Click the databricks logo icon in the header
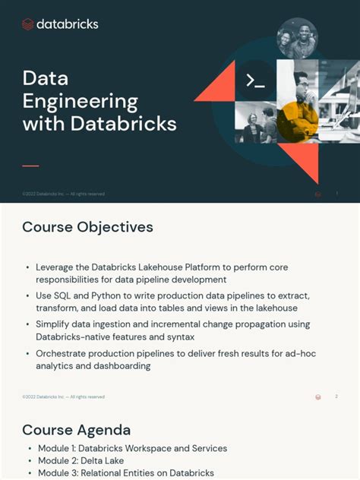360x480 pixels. [x=28, y=24]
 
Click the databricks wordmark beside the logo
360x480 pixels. [x=67, y=24]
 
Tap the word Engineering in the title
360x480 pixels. [x=81, y=101]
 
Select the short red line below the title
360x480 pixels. [x=30, y=165]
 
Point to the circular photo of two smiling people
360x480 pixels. [x=297, y=37]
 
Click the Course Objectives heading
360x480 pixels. [x=87, y=227]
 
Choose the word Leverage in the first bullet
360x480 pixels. [x=62, y=267]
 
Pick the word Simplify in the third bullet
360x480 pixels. [x=56, y=324]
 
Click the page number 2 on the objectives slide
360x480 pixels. [x=336, y=396]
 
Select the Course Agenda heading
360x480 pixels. [x=76, y=430]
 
